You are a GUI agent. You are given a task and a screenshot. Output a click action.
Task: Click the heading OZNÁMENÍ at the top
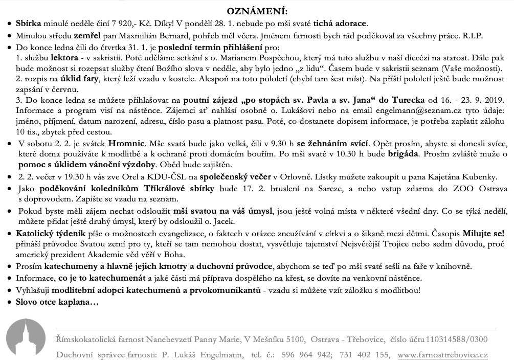[x=257, y=11]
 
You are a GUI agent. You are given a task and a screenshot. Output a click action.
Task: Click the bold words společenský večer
[x=236, y=177]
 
